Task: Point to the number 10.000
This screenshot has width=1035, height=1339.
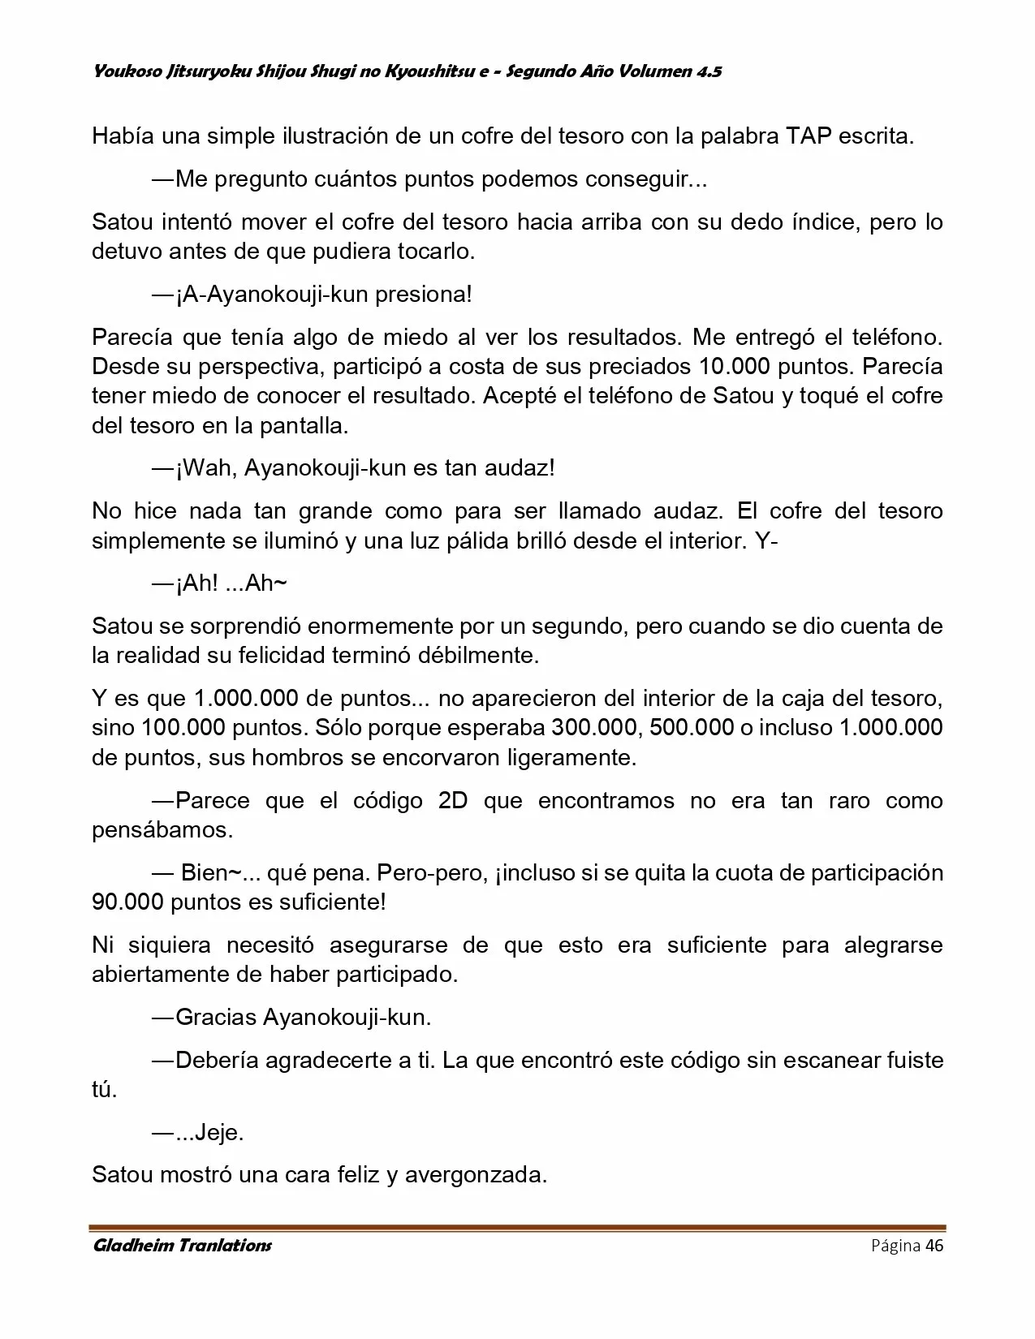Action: pos(734,367)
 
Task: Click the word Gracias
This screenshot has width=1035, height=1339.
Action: pos(215,1017)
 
